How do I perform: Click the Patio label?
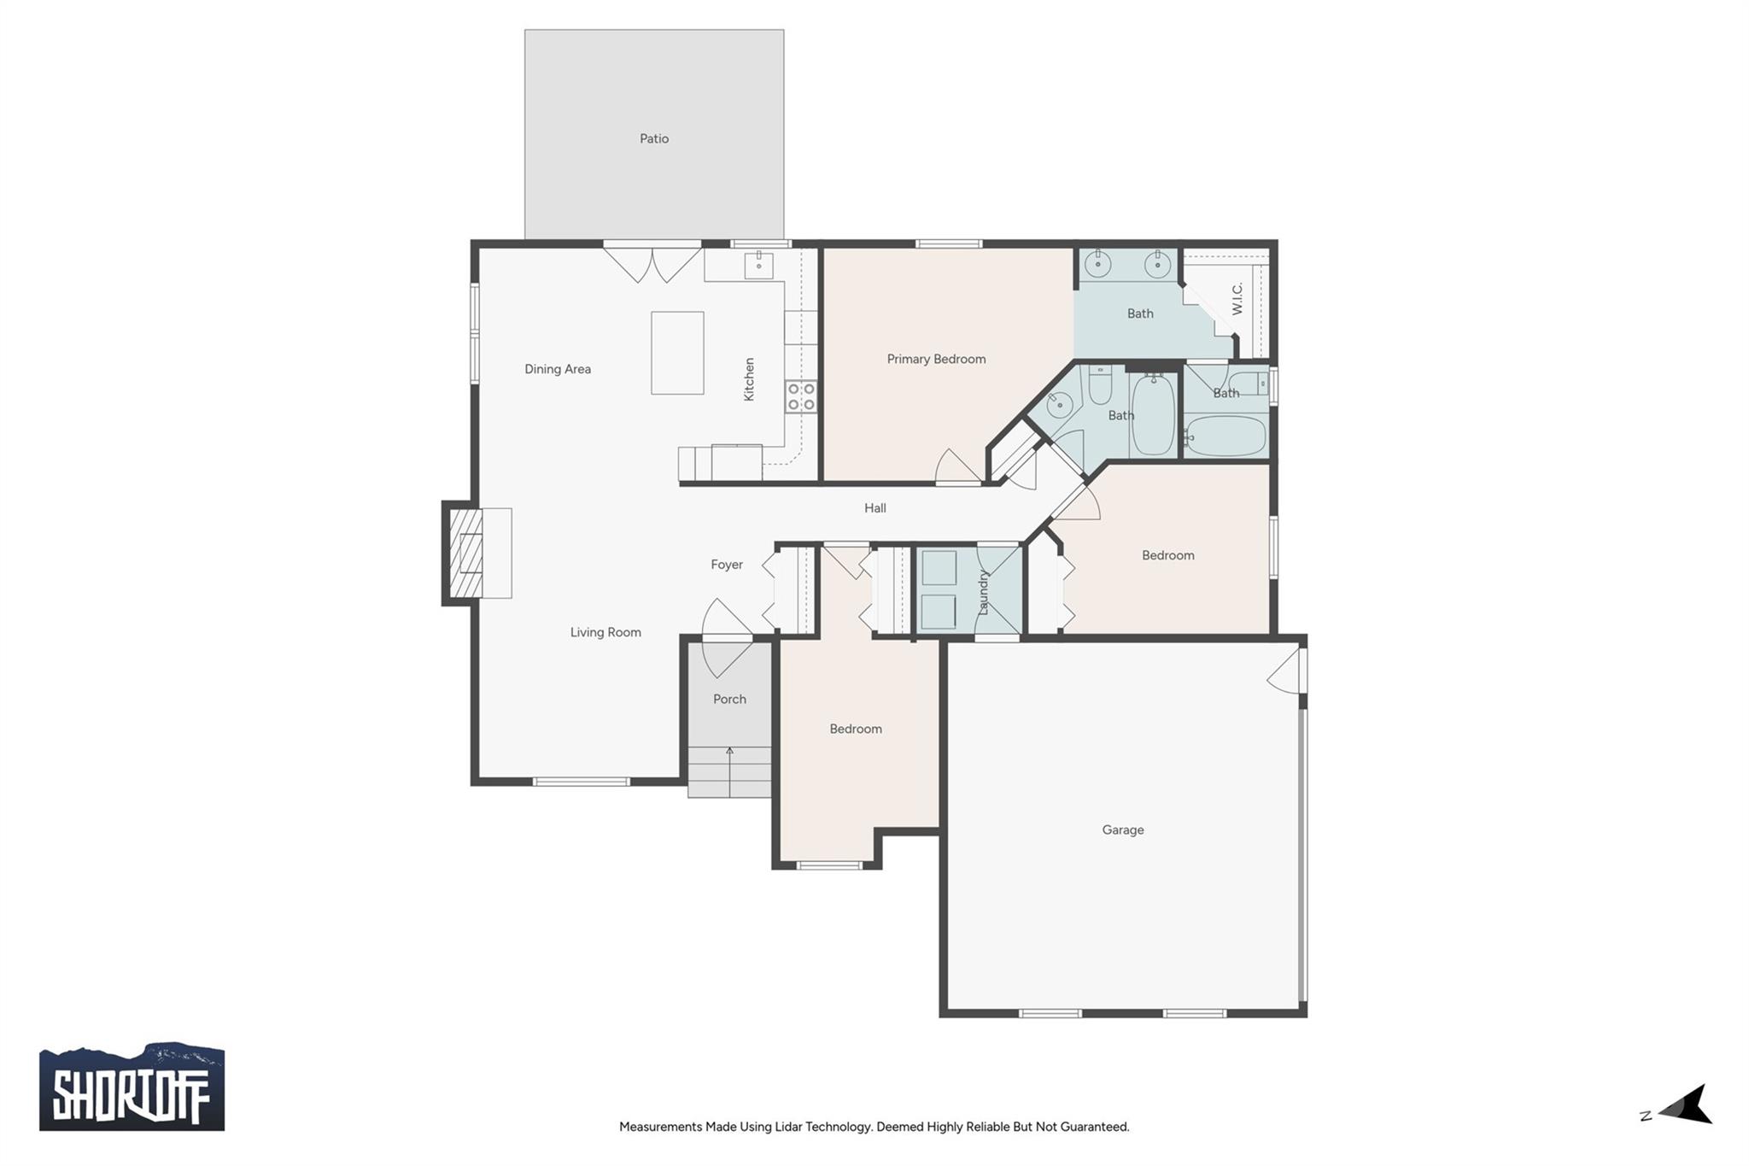pyautogui.click(x=654, y=138)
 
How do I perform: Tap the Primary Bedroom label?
pyautogui.click(x=936, y=359)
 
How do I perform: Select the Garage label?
pyautogui.click(x=1122, y=829)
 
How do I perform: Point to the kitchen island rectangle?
pyautogui.click(x=677, y=353)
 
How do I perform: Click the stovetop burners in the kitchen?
pyautogui.click(x=801, y=396)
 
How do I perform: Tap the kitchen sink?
pyautogui.click(x=758, y=266)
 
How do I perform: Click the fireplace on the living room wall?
pyautogui.click(x=465, y=553)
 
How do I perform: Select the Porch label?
pyautogui.click(x=729, y=699)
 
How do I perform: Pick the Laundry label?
pyautogui.click(x=983, y=592)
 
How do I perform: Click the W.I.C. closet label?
pyautogui.click(x=1237, y=299)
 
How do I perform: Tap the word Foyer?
pyautogui.click(x=727, y=565)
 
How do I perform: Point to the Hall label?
pyautogui.click(x=874, y=508)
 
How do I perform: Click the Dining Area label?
pyautogui.click(x=558, y=369)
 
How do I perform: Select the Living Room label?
pyautogui.click(x=605, y=632)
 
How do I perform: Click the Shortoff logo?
pyautogui.click(x=132, y=1086)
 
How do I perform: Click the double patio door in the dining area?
pyautogui.click(x=652, y=263)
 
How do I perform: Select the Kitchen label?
pyautogui.click(x=749, y=379)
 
